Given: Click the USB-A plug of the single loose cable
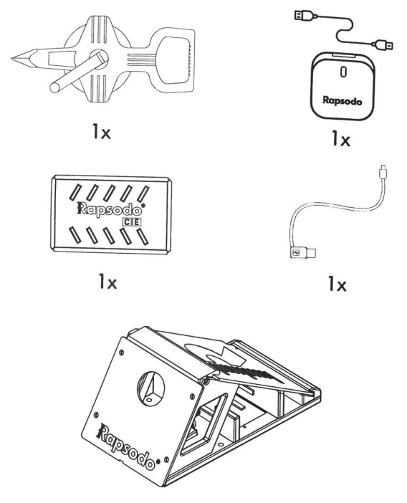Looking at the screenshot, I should click(300, 252).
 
